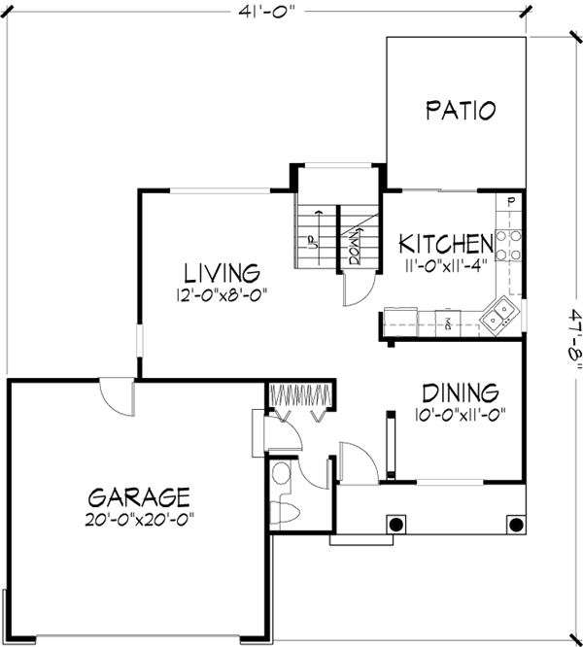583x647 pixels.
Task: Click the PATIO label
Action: pos(461,110)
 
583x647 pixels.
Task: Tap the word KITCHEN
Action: pos(444,243)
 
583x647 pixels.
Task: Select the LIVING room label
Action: pos(223,271)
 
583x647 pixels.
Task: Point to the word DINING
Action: pos(461,392)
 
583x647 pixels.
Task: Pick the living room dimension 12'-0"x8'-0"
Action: pos(223,292)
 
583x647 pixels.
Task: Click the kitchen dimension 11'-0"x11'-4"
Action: pos(444,263)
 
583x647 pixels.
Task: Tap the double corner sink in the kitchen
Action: pos(502,314)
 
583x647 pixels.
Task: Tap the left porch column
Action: pos(396,524)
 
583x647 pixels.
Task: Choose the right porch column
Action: pos(512,524)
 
